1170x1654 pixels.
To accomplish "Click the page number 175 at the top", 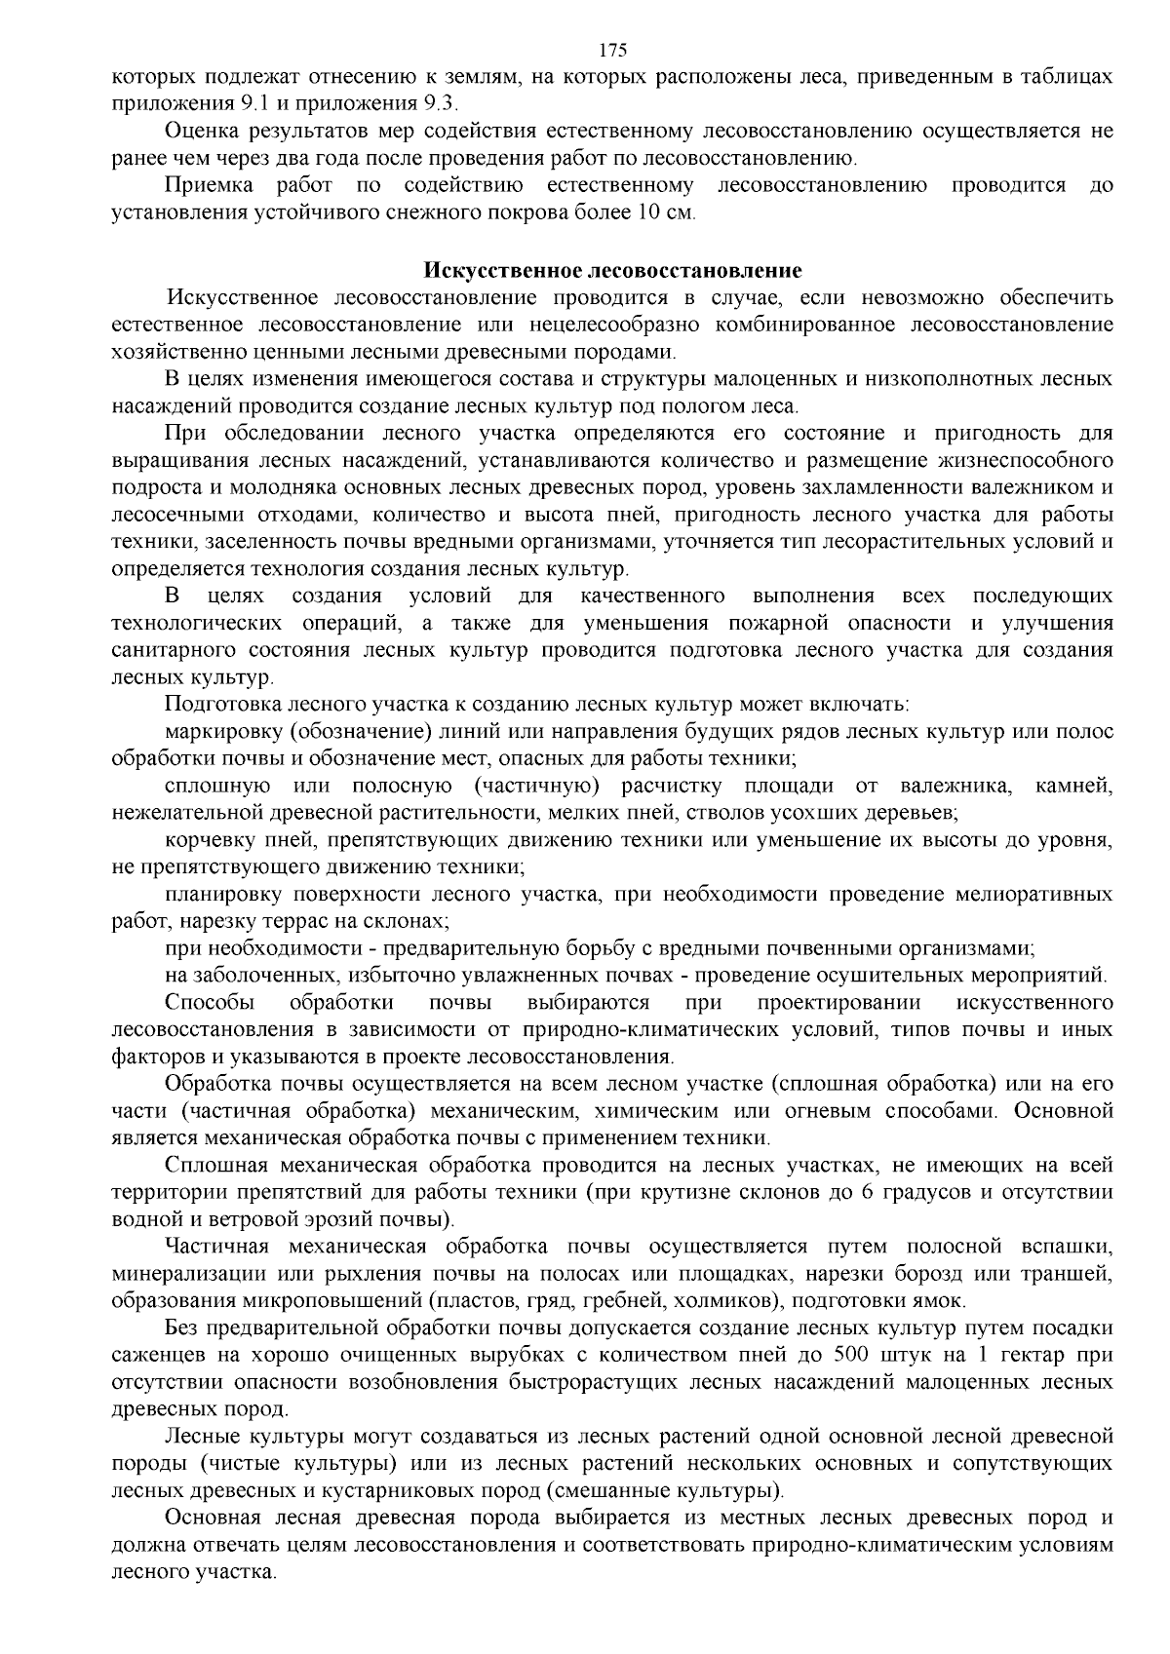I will point(613,51).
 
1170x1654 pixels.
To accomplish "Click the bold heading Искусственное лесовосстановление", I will point(612,270).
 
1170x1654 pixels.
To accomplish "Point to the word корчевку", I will point(208,839).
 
